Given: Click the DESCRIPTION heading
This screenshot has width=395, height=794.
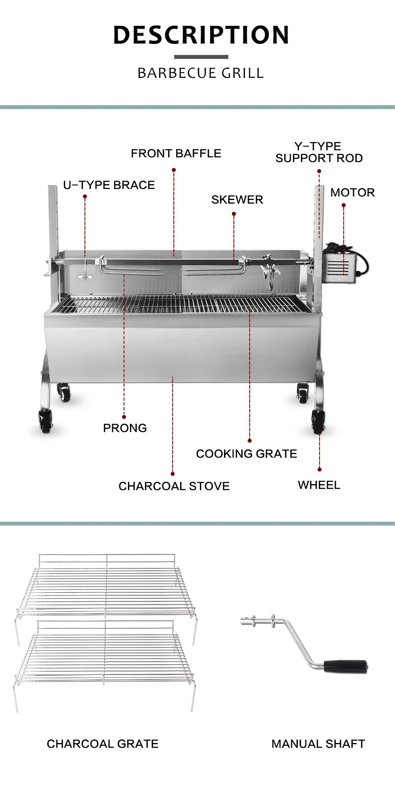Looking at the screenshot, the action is point(201,35).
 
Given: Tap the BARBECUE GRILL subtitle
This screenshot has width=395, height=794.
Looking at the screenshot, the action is point(201,73).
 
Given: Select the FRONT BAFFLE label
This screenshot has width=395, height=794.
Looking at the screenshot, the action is point(176,153).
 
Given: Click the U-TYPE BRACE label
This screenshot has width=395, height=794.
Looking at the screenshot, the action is point(109,185).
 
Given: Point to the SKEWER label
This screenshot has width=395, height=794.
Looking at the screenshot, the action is point(237,200).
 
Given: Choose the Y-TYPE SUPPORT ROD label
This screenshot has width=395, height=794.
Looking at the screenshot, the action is point(319,152).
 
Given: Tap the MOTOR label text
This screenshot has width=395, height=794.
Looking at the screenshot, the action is point(352,192).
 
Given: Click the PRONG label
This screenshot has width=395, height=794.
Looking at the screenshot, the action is point(125,428).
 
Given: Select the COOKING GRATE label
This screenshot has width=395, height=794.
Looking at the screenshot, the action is point(246,454).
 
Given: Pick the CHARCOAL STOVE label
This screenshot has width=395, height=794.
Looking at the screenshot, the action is point(174,486).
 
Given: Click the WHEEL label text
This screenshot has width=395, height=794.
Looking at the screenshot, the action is point(319,485).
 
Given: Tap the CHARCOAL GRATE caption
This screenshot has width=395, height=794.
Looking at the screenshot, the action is point(102,744).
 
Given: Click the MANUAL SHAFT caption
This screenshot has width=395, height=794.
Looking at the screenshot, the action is point(318,744).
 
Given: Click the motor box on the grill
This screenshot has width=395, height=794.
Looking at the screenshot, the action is point(339,268).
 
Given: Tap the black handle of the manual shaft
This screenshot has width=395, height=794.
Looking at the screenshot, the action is point(345,666).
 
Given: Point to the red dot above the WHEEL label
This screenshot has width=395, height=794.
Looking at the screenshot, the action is point(320,470).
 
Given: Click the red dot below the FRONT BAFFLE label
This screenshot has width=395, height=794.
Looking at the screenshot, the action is point(174,170).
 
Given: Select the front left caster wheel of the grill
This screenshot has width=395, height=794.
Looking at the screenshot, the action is point(45,421).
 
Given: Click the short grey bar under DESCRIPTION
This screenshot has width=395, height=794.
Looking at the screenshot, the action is point(201,57).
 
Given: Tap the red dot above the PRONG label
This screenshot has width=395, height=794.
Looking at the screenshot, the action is point(124,417).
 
